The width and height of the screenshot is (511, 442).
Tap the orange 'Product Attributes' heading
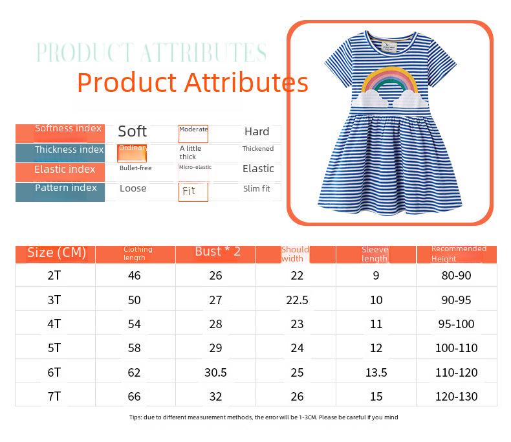[x=193, y=83]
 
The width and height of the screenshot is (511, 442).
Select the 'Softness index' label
[x=68, y=128]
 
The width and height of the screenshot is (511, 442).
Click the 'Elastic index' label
[x=65, y=170]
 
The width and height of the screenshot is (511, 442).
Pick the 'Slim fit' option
[x=256, y=189]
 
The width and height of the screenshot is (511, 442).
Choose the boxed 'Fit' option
[x=189, y=191]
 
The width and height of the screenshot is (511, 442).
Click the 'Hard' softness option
[x=257, y=131]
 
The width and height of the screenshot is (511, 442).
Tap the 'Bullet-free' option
[x=135, y=168]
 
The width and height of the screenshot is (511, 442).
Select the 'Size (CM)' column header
[x=56, y=252]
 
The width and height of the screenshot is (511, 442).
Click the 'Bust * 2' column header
[x=217, y=252]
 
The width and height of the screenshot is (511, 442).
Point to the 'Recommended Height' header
[x=459, y=254]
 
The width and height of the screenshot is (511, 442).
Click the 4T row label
[x=54, y=324]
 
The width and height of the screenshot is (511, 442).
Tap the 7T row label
[x=54, y=396]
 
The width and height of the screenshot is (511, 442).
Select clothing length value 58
[x=134, y=348]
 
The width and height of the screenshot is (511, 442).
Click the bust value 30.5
[x=215, y=372]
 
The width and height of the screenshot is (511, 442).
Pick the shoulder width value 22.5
[x=297, y=300]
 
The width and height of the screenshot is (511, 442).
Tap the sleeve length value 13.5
[x=376, y=372]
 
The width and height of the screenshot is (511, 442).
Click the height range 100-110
[x=456, y=348]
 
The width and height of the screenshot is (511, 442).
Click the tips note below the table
[x=264, y=417]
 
